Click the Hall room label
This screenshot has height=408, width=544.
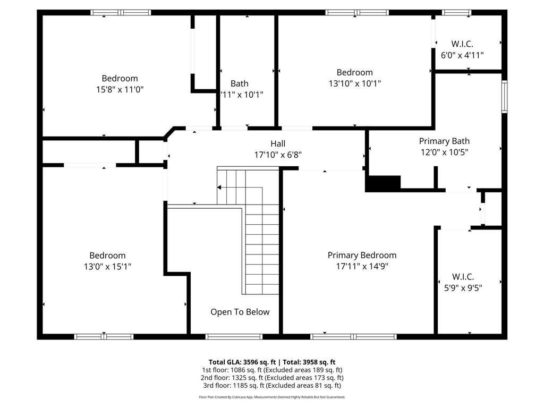click(278, 143)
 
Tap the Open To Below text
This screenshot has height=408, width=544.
click(240, 312)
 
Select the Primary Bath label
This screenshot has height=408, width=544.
click(444, 141)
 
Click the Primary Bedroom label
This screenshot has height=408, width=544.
click(362, 256)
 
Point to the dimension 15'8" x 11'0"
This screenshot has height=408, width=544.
click(120, 89)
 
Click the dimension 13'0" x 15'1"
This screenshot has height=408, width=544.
click(107, 267)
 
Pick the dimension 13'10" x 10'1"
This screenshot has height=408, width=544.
click(354, 83)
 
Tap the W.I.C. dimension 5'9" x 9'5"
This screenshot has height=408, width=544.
click(463, 288)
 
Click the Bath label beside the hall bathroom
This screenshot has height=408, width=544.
click(240, 83)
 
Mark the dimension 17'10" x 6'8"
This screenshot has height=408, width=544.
click(278, 155)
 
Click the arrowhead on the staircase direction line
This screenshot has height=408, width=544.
click(219, 188)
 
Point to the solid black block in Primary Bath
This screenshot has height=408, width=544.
click(384, 183)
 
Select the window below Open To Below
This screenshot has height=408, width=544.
click(234, 336)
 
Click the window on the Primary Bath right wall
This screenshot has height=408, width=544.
click(505, 97)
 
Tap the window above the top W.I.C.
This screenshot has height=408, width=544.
click(456, 13)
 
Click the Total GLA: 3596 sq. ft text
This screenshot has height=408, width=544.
click(242, 362)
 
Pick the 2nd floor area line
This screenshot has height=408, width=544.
click(272, 378)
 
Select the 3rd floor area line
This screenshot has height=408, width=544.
click(272, 386)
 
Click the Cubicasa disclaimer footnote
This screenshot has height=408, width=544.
click(272, 397)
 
